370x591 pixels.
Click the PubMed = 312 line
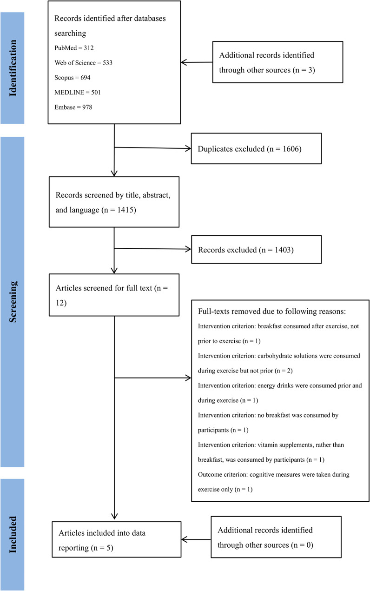pos(74,48)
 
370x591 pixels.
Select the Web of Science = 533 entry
pos(83,62)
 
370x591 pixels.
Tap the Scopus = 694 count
pos(72,78)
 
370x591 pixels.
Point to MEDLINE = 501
pos(78,93)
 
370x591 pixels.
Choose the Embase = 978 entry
pos(73,107)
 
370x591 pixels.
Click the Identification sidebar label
pos(13,68)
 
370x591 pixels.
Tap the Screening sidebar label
pos(13,302)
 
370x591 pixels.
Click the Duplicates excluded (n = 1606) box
pos(256,148)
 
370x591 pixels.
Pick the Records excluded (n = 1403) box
pos(256,249)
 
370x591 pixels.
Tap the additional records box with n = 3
pos(277,62)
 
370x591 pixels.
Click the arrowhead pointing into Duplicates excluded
pos(188,148)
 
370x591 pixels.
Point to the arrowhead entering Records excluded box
pos(188,249)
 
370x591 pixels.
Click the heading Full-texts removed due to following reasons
pos(271,312)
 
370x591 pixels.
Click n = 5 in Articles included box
pos(102,548)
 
